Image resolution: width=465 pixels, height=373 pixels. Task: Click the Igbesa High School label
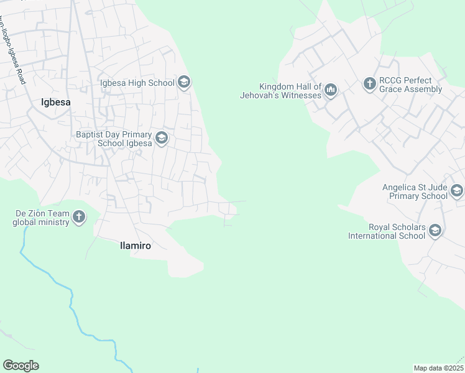[x=137, y=83]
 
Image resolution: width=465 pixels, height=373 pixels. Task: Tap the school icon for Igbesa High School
[x=183, y=82]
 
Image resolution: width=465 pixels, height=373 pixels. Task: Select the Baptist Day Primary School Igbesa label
[x=114, y=139]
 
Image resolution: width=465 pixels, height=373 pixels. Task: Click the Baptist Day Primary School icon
[x=162, y=138]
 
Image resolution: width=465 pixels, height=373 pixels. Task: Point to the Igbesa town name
[x=55, y=103]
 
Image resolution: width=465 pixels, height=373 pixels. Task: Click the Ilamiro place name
[x=135, y=246]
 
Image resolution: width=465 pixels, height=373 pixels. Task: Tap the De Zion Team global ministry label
[x=41, y=218]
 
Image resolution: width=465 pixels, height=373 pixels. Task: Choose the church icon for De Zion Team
[x=79, y=217]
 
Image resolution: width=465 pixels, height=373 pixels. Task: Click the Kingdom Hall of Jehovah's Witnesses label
[x=281, y=91]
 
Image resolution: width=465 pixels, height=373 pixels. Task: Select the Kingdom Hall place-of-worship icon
[x=330, y=91]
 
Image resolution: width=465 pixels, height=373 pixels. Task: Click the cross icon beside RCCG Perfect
[x=370, y=83]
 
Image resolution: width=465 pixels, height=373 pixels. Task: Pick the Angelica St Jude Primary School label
[x=415, y=191]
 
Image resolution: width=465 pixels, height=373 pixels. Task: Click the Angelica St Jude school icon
[x=457, y=190]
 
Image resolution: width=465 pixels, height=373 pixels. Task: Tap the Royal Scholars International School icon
[x=435, y=231]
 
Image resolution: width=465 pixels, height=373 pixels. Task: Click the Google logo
[x=21, y=366]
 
